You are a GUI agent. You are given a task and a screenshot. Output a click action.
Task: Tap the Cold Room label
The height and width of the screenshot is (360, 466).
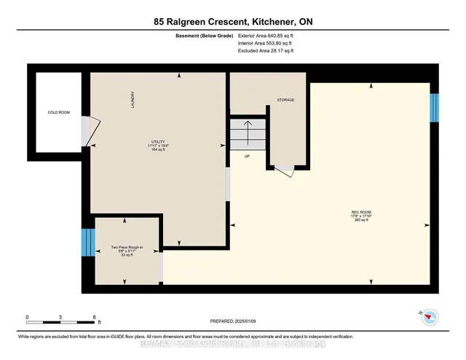click(58, 112)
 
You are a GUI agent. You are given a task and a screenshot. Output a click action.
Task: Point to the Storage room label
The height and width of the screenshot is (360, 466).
click(285, 99)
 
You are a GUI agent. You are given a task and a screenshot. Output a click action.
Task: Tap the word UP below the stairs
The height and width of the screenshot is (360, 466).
click(248, 156)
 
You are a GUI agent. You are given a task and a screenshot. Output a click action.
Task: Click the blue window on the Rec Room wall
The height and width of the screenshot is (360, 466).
click(435, 108)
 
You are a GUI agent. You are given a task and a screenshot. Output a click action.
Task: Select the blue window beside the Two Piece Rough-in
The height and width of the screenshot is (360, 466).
click(87, 241)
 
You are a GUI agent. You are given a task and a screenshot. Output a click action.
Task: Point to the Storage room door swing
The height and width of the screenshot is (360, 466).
click(285, 171)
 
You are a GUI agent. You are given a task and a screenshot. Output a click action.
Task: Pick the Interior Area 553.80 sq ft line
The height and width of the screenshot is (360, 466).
click(267, 43)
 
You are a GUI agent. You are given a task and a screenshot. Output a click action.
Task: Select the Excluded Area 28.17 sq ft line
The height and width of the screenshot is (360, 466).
click(266, 52)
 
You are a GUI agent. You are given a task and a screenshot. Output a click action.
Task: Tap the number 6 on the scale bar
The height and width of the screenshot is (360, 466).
click(94, 318)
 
